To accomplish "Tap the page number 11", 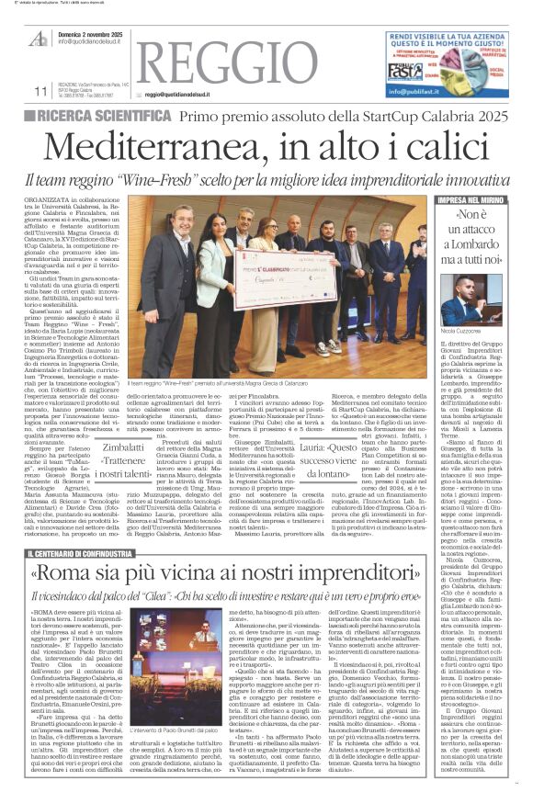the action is (x=40, y=91).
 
